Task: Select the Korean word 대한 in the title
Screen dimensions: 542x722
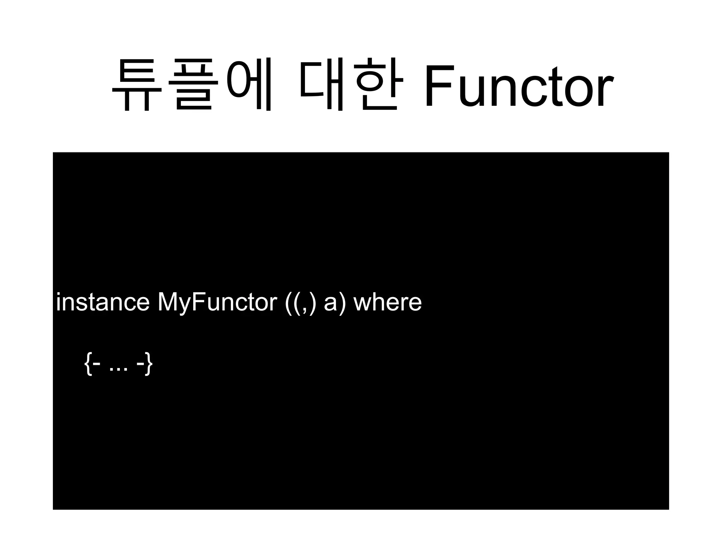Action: [351, 85]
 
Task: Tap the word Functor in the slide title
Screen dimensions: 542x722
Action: [518, 86]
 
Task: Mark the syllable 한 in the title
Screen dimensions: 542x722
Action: [379, 85]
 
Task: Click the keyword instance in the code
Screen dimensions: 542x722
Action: [103, 302]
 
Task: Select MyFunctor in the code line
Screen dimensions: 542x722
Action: [217, 303]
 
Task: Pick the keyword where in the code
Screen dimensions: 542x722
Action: [387, 302]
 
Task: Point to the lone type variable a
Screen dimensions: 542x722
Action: [330, 304]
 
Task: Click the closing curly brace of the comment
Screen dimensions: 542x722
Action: [149, 364]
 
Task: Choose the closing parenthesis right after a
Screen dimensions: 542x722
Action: [341, 303]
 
